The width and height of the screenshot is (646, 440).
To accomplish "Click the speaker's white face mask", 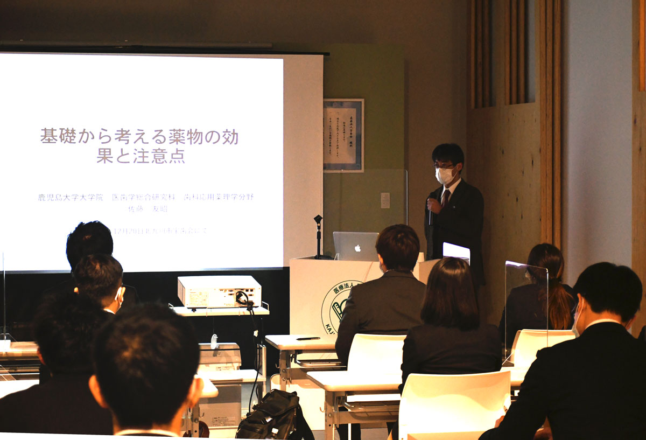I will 445,175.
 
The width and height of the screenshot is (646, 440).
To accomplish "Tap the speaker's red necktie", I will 445,198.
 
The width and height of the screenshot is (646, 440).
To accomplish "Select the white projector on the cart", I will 219,291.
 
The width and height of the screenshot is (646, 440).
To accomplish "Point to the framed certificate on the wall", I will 343,135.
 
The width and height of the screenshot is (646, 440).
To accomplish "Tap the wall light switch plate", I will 385,200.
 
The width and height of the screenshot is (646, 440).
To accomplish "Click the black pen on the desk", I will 308,338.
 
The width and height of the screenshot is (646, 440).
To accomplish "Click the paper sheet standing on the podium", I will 456,252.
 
